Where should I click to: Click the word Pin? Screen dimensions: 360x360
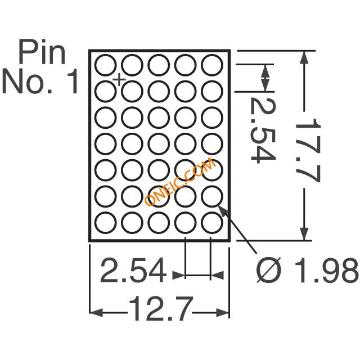point(42,52)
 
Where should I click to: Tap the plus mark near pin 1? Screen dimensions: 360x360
point(119,80)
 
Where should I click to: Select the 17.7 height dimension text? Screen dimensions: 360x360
point(308,150)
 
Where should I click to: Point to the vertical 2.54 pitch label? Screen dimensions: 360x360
point(263,130)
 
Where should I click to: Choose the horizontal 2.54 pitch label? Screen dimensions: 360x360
point(133,270)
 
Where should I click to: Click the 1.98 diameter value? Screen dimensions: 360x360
point(326,270)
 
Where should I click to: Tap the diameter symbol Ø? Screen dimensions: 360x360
point(269,270)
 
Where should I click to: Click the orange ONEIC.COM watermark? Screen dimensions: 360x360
point(181,181)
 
